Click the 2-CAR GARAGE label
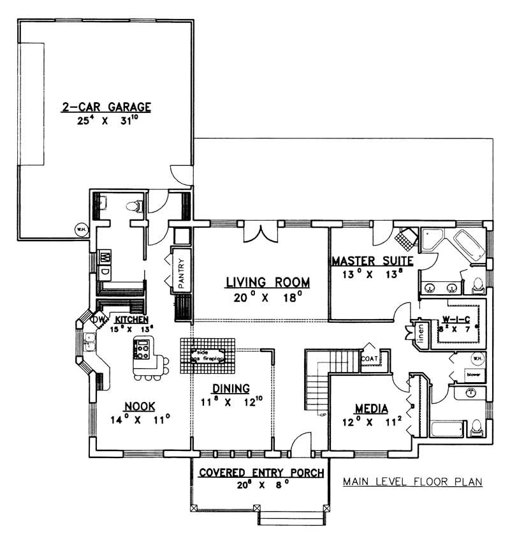106,107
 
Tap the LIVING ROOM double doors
261,233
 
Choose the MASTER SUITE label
372,260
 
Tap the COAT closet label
370,359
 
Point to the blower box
473,374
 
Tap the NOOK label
138,406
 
